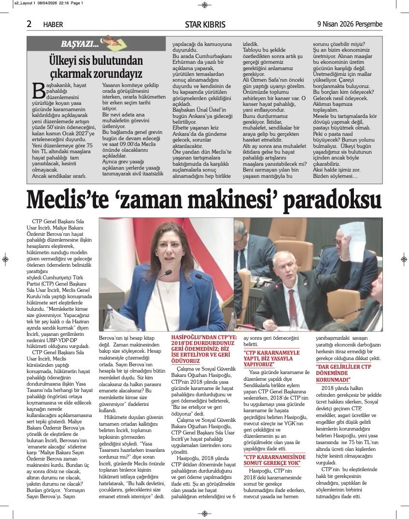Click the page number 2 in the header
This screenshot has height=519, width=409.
pos(29,24)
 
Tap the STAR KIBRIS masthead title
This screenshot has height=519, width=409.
pos(205,24)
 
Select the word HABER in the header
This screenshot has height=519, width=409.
pos(53,25)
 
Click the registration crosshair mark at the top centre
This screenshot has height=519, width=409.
pos(204,5)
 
